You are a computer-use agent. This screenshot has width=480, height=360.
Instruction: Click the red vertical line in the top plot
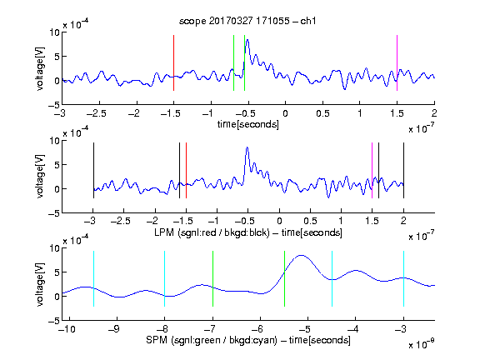[173, 62]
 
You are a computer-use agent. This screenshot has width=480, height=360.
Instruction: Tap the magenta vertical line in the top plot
[397, 62]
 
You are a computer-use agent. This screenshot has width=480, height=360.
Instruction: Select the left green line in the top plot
[233, 62]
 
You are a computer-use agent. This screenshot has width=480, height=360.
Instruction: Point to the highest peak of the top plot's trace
[247, 40]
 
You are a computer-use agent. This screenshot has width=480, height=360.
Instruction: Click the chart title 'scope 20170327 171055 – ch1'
[247, 21]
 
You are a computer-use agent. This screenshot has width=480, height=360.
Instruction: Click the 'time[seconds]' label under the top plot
[248, 124]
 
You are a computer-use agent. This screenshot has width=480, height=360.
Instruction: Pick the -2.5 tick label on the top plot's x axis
[97, 113]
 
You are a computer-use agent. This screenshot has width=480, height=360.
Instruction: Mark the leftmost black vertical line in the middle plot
[93, 170]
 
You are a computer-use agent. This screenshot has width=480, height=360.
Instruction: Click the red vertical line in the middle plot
[186, 170]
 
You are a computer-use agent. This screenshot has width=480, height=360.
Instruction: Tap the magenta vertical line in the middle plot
[372, 170]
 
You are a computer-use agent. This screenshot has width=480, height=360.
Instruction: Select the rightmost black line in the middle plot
[403, 170]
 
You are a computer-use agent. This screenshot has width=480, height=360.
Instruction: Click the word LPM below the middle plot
[164, 232]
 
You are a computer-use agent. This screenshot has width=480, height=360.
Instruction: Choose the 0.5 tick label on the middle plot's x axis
[310, 221]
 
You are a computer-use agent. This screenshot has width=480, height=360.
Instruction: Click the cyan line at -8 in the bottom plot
[164, 278]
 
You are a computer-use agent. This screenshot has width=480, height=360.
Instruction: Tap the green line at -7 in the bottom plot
[212, 278]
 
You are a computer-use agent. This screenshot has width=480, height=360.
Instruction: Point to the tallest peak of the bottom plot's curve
[302, 255]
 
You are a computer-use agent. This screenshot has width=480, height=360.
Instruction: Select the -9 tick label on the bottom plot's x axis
[114, 329]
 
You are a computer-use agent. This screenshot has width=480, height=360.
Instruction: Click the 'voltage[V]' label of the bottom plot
[40, 284]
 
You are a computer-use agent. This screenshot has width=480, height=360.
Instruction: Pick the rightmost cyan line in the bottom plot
[403, 278]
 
